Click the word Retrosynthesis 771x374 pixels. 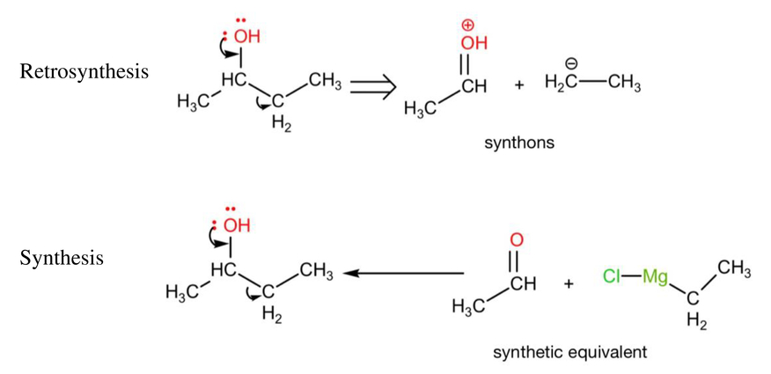click(x=84, y=71)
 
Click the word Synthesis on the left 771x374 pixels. click(x=62, y=258)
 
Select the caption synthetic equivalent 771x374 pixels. click(x=570, y=352)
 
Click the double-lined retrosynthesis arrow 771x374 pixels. click(x=372, y=87)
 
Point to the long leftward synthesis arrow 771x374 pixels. click(x=403, y=274)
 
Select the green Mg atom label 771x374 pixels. click(x=656, y=278)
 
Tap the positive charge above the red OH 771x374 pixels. click(x=471, y=26)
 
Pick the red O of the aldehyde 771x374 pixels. click(x=513, y=241)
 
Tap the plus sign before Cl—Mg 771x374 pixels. click(x=569, y=283)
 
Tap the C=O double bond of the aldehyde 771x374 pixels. click(x=513, y=263)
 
